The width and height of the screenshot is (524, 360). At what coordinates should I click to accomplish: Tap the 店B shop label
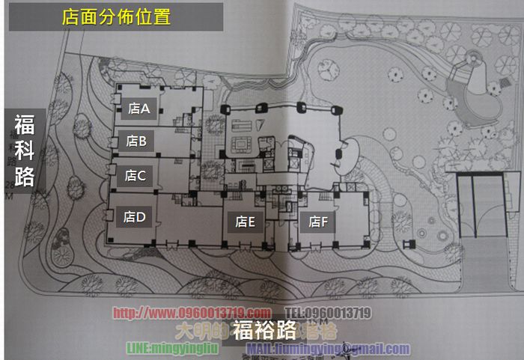pyautogui.click(x=136, y=140)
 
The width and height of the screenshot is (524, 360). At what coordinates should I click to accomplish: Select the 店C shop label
pyautogui.click(x=135, y=176)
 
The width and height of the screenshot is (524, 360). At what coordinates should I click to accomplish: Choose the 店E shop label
pyautogui.click(x=246, y=222)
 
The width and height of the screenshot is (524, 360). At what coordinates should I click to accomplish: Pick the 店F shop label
pyautogui.click(x=319, y=222)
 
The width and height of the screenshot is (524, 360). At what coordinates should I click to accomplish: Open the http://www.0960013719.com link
pyautogui.click(x=192, y=313)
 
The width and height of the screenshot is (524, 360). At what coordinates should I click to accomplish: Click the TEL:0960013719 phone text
pyautogui.click(x=327, y=313)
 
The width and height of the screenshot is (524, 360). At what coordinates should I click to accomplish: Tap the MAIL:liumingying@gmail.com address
pyautogui.click(x=328, y=349)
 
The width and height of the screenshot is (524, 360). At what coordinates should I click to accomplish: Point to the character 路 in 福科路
pyautogui.click(x=24, y=177)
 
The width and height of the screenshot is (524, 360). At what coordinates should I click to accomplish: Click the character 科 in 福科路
pyautogui.click(x=24, y=149)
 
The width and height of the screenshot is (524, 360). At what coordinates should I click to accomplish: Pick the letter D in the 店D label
pyautogui.click(x=141, y=217)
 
